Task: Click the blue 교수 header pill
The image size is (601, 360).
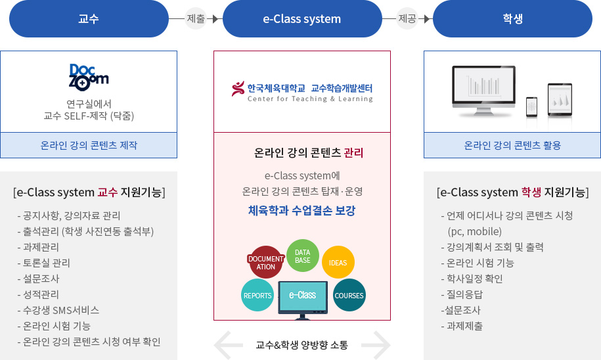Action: pyautogui.click(x=89, y=19)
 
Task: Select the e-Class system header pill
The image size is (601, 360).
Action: pyautogui.click(x=302, y=19)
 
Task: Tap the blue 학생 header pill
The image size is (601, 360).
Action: pyautogui.click(x=512, y=19)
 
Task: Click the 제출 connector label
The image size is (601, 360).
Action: pyautogui.click(x=196, y=18)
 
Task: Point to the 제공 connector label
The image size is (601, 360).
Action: pyautogui.click(x=407, y=18)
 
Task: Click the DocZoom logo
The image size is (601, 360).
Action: pyautogui.click(x=89, y=78)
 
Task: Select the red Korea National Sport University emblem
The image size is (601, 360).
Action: pyautogui.click(x=238, y=89)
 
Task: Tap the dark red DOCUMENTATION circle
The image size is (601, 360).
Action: pyautogui.click(x=265, y=262)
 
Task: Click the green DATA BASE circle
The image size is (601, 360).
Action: pyautogui.click(x=302, y=256)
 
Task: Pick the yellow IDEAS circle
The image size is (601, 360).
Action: pyautogui.click(x=338, y=262)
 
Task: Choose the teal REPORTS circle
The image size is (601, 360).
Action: pyautogui.click(x=257, y=295)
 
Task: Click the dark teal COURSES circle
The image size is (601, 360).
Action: pyautogui.click(x=349, y=295)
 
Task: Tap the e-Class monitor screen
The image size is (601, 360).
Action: pyautogui.click(x=303, y=296)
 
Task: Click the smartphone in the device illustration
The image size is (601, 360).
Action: pyautogui.click(x=531, y=106)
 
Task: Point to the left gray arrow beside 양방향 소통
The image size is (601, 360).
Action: pyautogui.click(x=228, y=345)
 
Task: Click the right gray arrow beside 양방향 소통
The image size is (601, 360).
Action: pyautogui.click(x=376, y=345)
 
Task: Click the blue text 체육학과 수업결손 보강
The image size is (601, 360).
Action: pyautogui.click(x=302, y=210)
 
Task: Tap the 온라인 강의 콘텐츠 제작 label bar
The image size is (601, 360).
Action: pyautogui.click(x=89, y=145)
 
